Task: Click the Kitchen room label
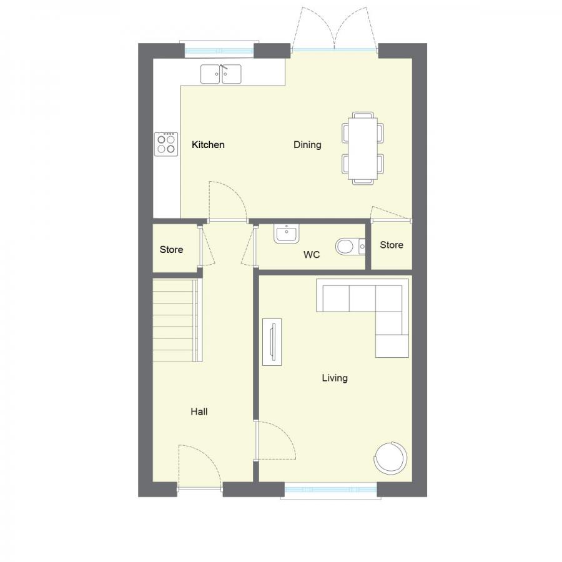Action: pos(208,145)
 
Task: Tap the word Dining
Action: pos(307,145)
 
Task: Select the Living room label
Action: pos(335,378)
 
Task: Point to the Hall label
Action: pos(199,412)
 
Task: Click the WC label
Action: pos(312,255)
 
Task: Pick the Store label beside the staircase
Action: pos(171,250)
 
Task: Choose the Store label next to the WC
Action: pos(392,245)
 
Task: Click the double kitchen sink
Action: pos(221,74)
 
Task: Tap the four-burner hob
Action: pos(166,144)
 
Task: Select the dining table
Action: pos(363,148)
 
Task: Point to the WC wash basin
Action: pos(287,234)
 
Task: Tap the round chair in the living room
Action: pos(391,458)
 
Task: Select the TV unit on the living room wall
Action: pos(272,340)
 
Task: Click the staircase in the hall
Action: pos(177,320)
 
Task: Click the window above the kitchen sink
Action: pos(217,50)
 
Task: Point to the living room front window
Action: pos(330,491)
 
